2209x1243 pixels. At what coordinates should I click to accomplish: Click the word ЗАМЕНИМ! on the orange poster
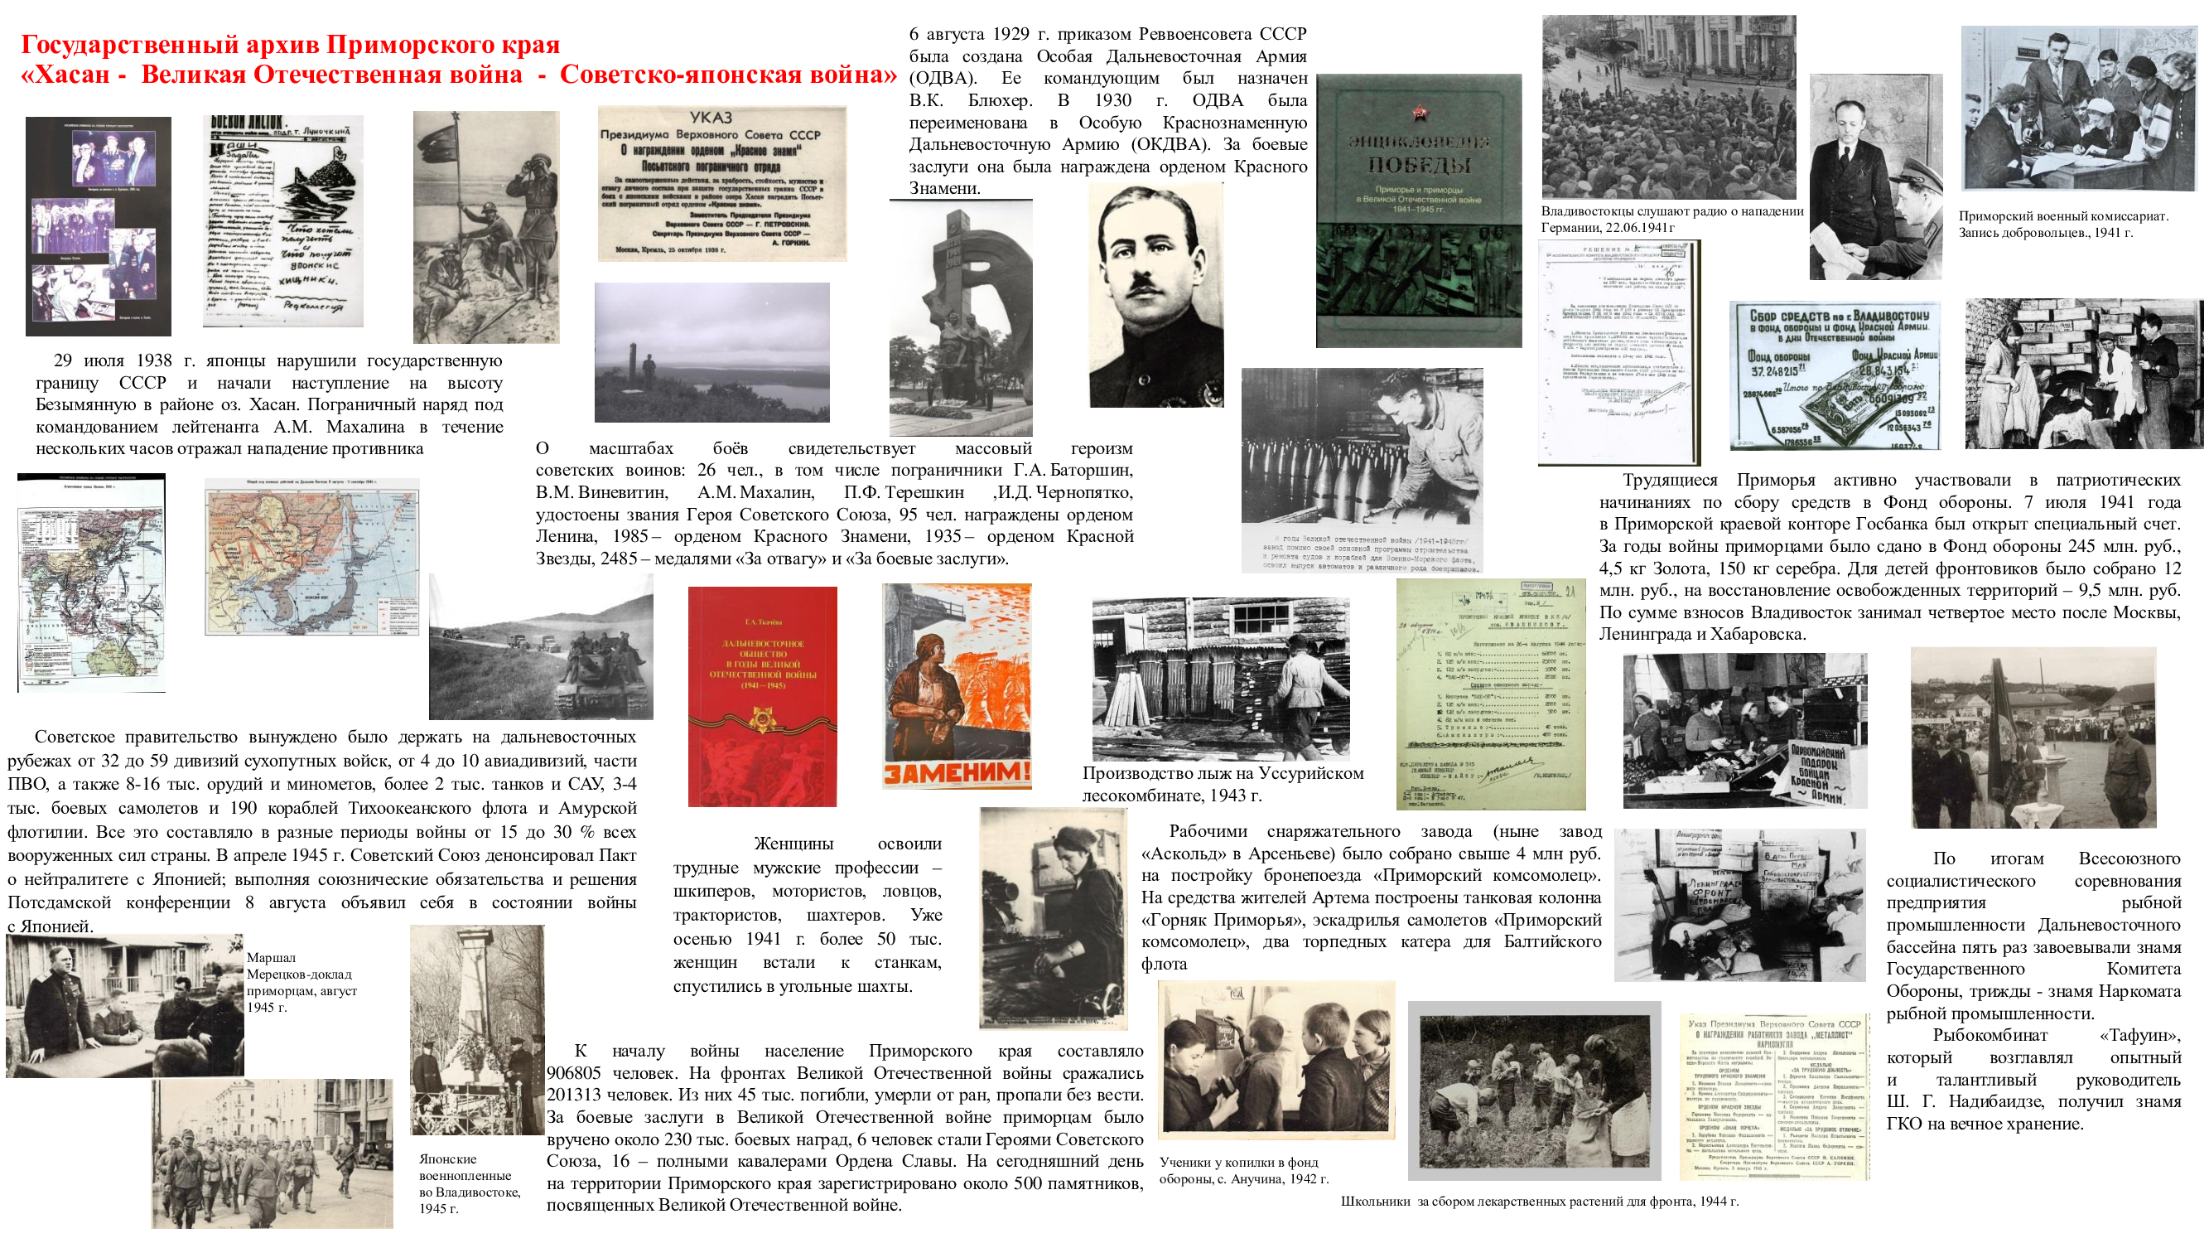coord(956,773)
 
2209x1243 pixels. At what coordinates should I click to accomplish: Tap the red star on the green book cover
coord(1419,113)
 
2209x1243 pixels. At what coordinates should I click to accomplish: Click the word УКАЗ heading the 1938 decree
coord(711,118)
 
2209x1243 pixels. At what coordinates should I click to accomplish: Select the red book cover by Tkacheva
coord(761,696)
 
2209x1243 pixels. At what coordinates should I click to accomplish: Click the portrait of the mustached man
coord(1155,296)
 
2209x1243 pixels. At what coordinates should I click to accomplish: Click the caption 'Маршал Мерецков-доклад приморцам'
coord(301,981)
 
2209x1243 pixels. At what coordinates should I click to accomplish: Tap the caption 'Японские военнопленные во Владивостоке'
coord(468,1183)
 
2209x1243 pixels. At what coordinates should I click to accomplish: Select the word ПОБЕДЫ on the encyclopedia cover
coord(1420,164)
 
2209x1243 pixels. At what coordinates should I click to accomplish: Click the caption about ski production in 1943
coord(1222,783)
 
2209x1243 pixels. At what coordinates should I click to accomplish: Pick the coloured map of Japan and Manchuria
coord(312,559)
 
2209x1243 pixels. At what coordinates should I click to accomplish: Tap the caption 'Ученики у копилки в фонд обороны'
coord(1242,1170)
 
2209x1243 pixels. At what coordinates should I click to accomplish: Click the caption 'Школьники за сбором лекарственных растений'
coord(1539,1201)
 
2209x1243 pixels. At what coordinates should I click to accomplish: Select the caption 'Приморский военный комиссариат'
coord(2062,224)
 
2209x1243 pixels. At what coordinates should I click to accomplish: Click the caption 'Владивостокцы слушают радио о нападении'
coord(1671,219)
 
